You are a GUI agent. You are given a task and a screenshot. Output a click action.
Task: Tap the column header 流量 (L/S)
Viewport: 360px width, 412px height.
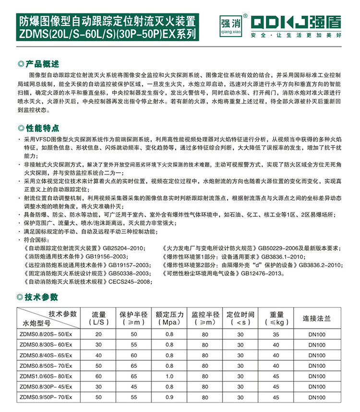click(99, 318)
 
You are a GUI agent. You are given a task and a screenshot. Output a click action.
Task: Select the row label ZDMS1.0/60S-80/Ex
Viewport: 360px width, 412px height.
click(44, 377)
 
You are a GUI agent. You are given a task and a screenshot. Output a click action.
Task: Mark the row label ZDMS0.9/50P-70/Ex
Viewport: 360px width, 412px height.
click(44, 398)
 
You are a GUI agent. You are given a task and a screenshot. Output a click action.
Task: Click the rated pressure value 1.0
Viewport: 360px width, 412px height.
click(169, 377)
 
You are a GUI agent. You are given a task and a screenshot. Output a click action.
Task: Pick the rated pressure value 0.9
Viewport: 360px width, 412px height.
click(169, 398)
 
